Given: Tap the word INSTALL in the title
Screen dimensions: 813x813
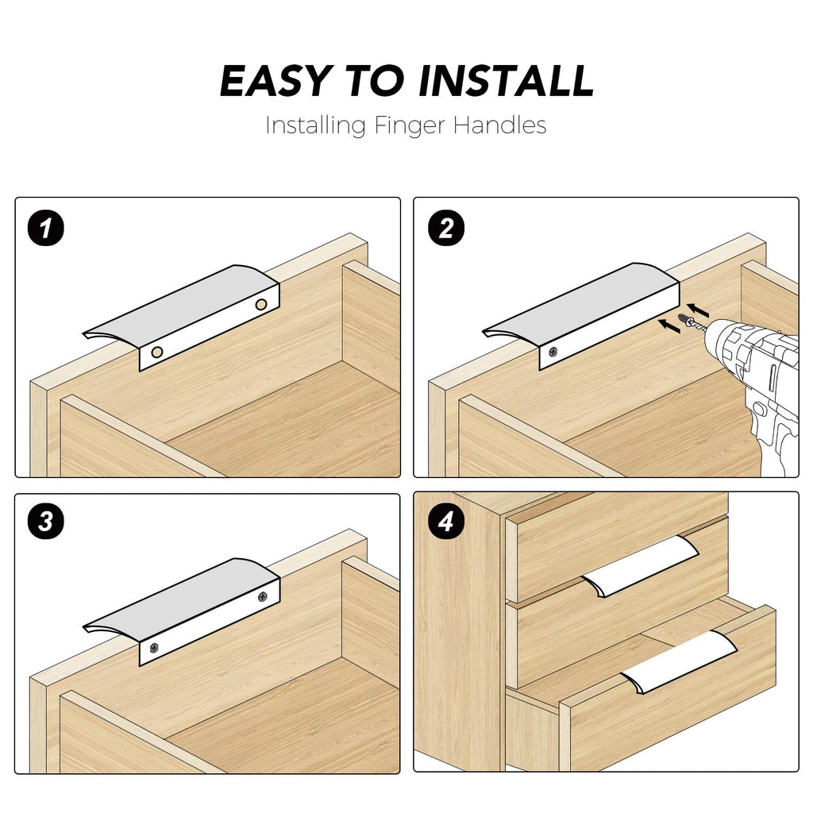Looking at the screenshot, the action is click(506, 82).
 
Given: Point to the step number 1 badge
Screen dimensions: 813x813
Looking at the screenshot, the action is click(45, 228).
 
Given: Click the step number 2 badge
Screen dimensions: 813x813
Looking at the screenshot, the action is click(446, 228).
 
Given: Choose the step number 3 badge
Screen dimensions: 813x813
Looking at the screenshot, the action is click(45, 522).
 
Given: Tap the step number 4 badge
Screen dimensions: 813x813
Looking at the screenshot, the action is click(446, 522).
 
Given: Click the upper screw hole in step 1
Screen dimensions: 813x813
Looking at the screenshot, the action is click(261, 304).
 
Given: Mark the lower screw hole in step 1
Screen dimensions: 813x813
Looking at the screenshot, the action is click(157, 353).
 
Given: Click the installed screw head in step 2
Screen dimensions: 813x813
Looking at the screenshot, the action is click(554, 352).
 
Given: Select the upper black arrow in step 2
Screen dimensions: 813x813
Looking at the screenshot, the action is click(698, 310).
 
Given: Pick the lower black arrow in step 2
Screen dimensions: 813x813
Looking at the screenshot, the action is click(669, 326).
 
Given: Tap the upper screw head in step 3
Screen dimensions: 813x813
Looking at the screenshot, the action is click(263, 597).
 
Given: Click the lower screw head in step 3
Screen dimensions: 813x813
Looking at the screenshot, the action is click(154, 648).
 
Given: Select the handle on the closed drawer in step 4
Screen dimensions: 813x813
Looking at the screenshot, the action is click(641, 566).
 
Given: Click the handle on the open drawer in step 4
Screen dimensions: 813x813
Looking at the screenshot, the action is click(680, 662).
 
